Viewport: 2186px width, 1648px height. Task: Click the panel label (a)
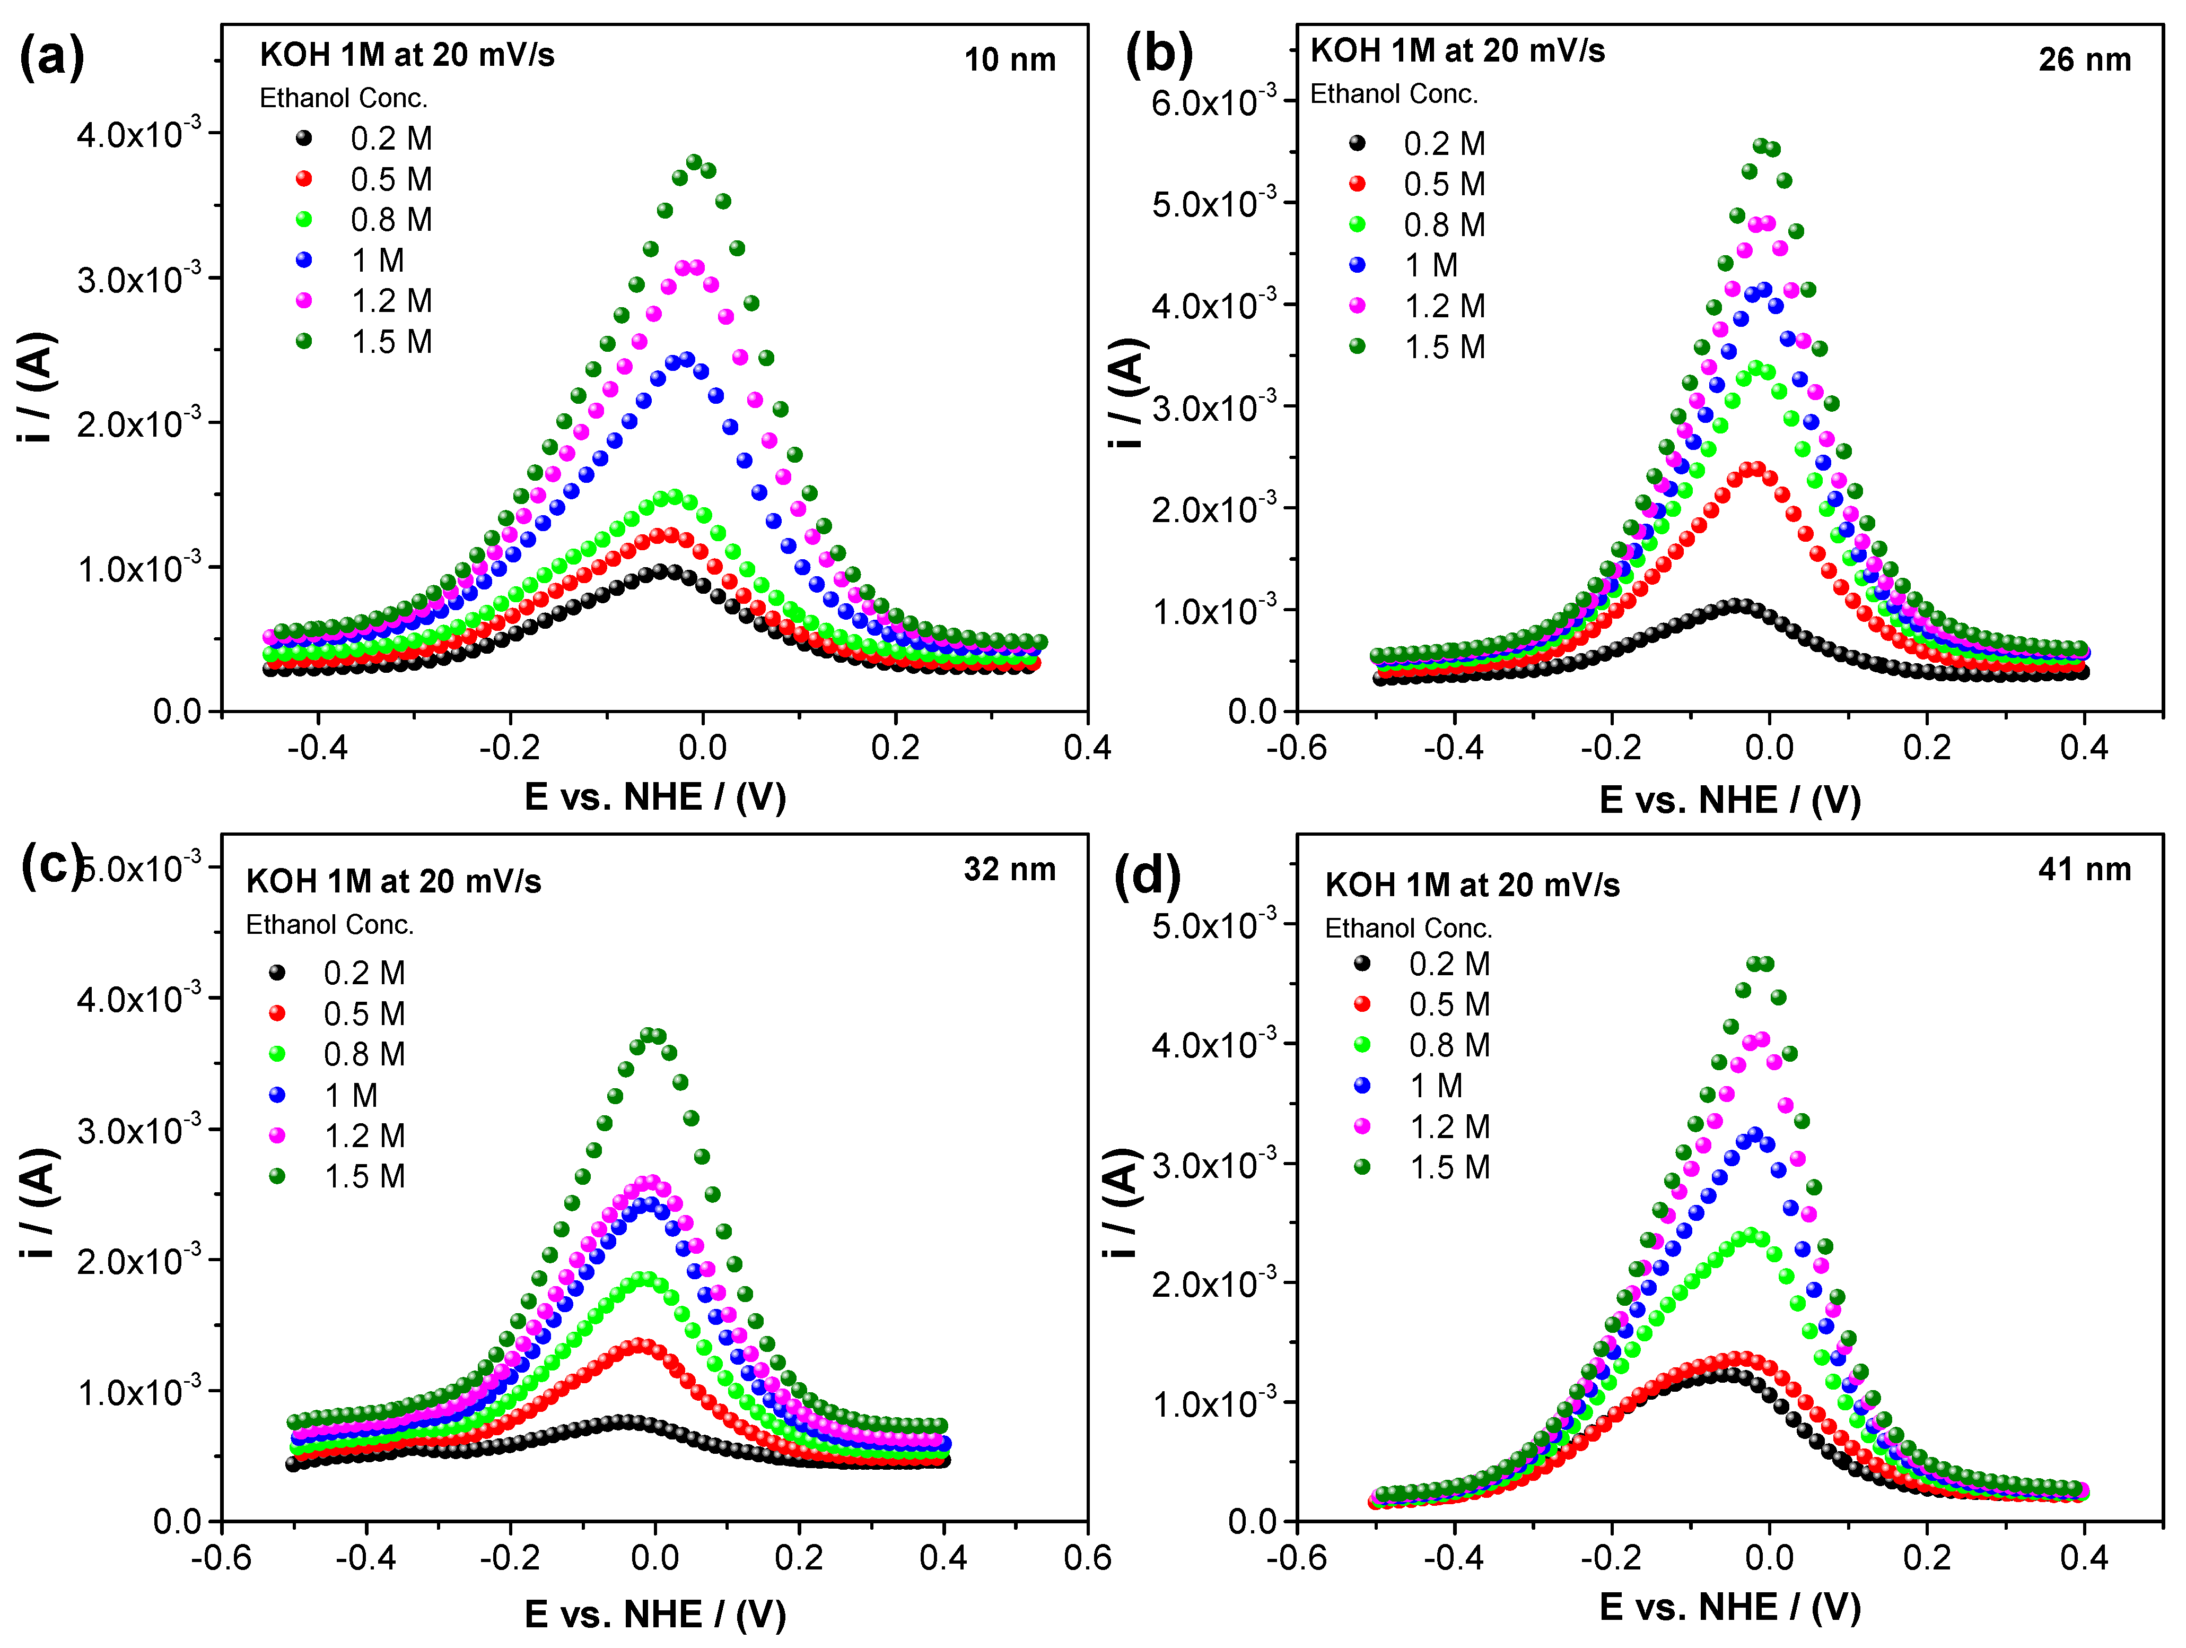click(x=51, y=57)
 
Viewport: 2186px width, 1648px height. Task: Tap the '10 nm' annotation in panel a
click(x=1009, y=60)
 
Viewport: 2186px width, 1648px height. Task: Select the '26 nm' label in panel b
click(x=2084, y=60)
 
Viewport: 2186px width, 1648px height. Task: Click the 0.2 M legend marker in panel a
click(x=304, y=138)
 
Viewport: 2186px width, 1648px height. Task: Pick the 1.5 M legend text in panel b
click(x=1445, y=347)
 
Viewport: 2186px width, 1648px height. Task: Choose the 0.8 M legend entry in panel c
click(x=364, y=1054)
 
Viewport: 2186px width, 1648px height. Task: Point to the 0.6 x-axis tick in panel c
click(x=1087, y=1558)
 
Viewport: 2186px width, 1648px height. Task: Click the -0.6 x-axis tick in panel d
click(x=1297, y=1558)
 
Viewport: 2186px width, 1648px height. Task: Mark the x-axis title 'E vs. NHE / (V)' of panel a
click(x=654, y=797)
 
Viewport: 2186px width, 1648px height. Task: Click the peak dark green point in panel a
click(x=694, y=162)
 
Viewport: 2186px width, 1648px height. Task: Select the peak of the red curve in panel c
click(x=641, y=1346)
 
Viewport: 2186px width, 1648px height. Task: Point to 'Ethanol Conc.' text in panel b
click(x=1393, y=94)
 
